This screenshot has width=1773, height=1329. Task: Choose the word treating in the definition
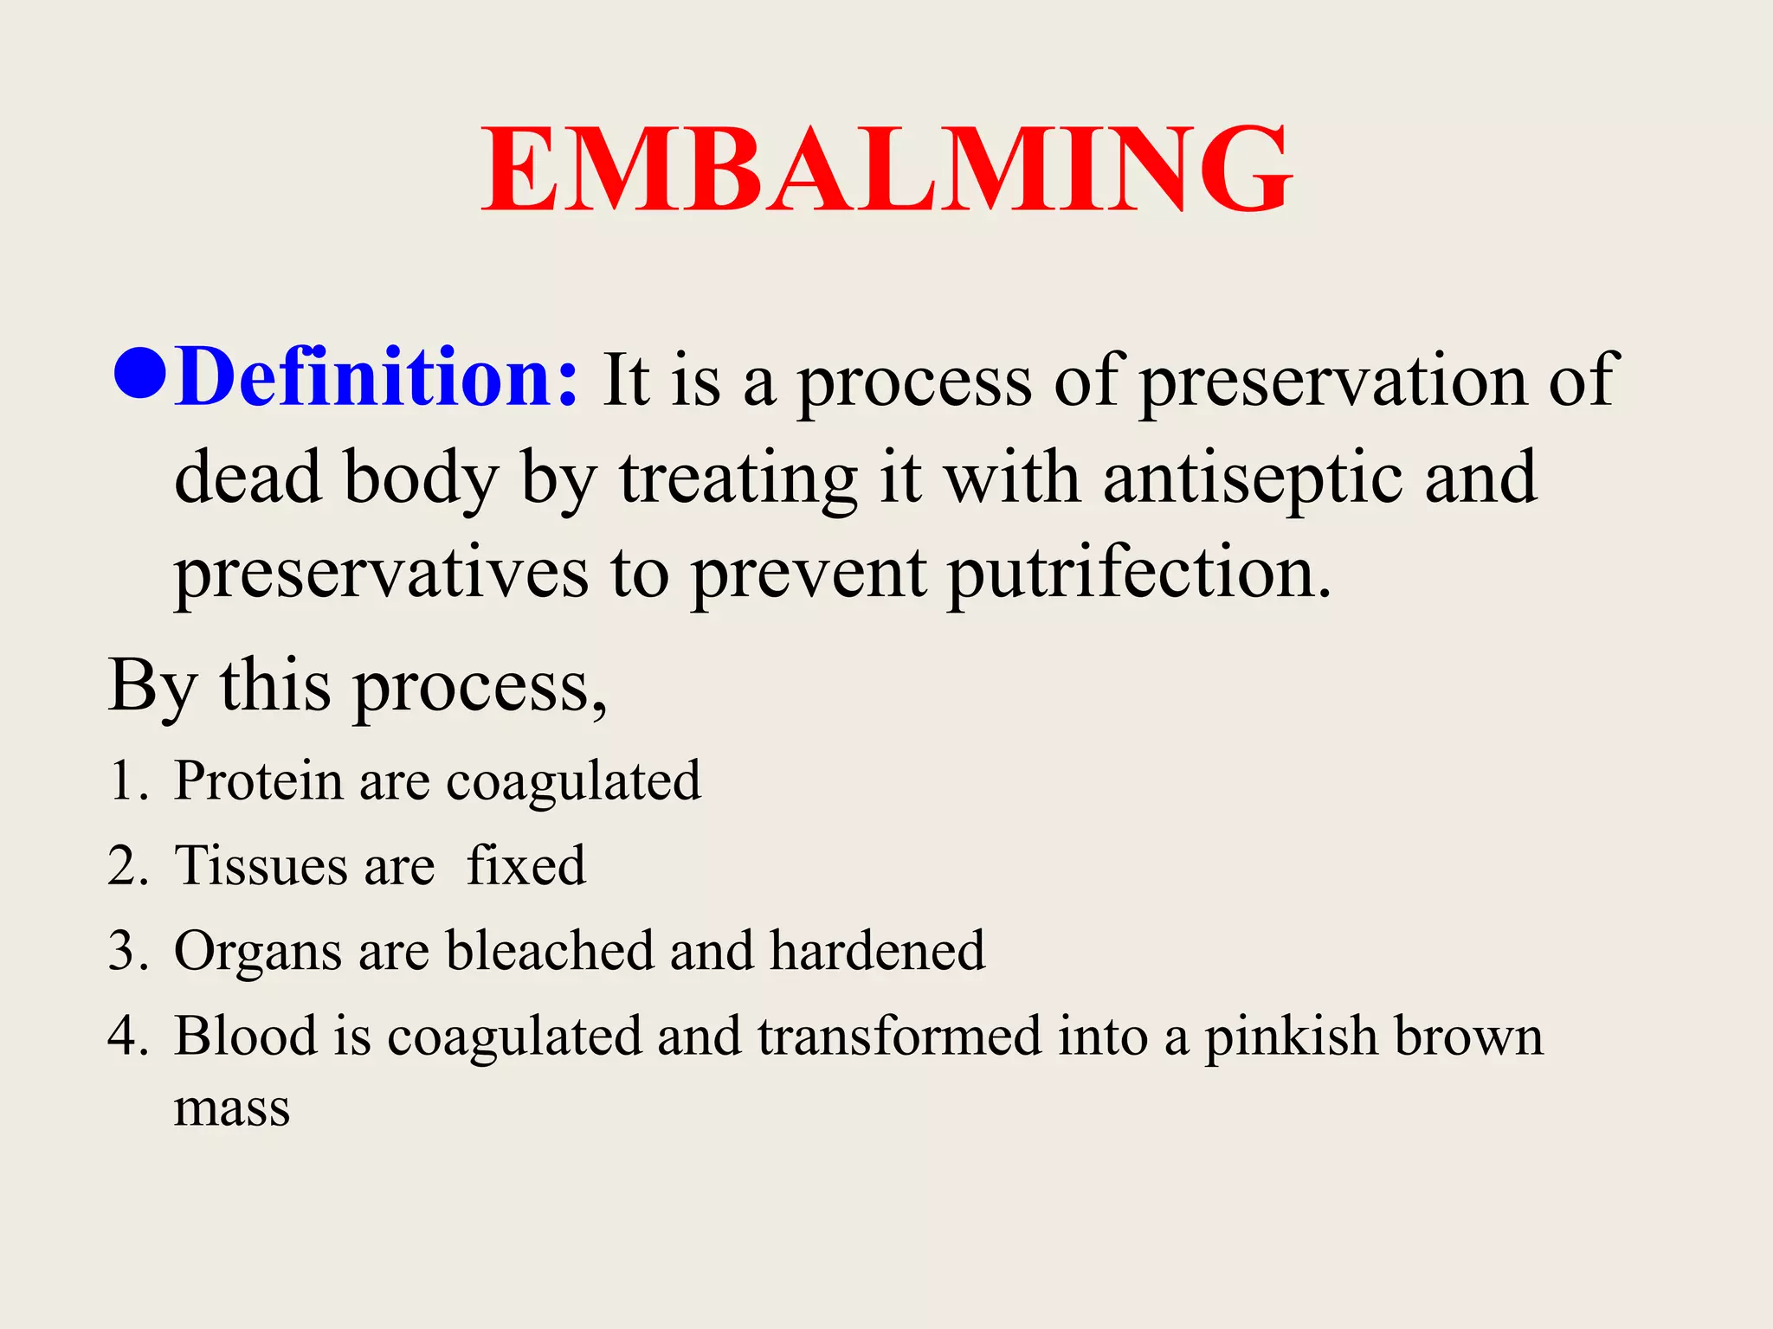[738, 478]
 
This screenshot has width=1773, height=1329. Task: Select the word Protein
[258, 780]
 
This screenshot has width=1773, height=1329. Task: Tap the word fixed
[526, 865]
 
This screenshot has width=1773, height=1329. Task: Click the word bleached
[550, 950]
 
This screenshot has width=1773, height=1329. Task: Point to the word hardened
[877, 950]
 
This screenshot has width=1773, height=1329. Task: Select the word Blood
[246, 1036]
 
